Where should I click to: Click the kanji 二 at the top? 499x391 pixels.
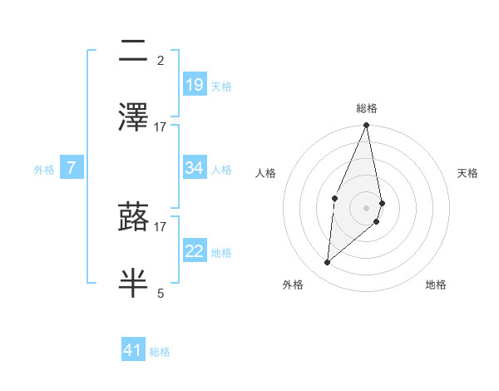coord(133,52)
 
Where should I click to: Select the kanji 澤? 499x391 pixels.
coord(133,116)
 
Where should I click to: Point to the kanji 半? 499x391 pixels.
coord(133,281)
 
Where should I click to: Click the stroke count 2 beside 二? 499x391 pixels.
coord(161,60)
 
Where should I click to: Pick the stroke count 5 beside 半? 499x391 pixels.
coord(161,293)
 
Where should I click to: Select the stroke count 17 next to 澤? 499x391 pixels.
coord(161,127)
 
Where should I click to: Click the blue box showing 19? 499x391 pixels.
coord(194,85)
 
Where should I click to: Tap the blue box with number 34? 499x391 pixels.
coord(194,168)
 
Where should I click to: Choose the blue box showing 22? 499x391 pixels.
coord(194,252)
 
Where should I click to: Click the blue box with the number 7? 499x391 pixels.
coord(72,168)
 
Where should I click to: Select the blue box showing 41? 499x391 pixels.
coord(133,350)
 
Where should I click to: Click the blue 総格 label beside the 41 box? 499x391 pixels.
coord(160,352)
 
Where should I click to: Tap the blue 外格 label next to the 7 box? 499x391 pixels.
coord(44,170)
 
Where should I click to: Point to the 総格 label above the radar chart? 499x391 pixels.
coord(367,108)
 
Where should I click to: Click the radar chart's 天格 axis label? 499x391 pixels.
coord(467,173)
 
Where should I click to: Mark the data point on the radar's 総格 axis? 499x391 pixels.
coord(366,126)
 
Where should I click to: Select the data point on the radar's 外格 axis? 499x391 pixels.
coord(328,262)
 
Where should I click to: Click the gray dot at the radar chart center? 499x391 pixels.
coord(366,207)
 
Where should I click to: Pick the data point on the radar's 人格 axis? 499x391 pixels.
coord(334,198)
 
